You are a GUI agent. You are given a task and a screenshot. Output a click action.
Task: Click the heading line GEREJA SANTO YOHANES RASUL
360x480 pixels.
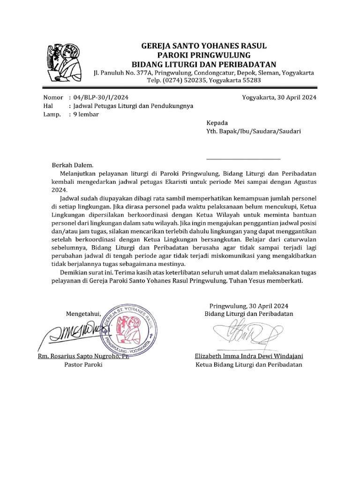(x=204, y=46)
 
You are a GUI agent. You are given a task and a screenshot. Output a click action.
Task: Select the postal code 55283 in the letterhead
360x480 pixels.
(x=251, y=81)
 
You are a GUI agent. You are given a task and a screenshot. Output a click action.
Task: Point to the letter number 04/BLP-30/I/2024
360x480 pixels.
(x=100, y=97)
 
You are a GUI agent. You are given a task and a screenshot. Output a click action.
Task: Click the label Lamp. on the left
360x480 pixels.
(x=52, y=114)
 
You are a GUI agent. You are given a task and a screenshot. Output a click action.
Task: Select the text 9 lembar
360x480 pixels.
(x=86, y=114)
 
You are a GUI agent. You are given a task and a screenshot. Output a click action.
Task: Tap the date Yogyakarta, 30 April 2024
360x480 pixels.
(x=279, y=97)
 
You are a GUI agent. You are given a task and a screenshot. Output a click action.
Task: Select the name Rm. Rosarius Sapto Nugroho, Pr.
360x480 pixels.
(x=83, y=356)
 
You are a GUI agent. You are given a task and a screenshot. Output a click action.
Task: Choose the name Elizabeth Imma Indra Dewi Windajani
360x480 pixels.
(x=249, y=356)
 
